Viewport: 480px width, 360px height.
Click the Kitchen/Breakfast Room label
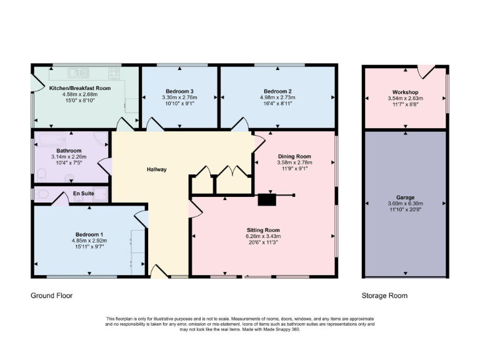point(80,89)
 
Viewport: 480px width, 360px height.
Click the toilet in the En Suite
point(41,194)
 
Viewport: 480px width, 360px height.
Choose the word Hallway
point(156,169)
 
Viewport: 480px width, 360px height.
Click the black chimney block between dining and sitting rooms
point(267,200)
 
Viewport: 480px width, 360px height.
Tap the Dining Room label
point(294,156)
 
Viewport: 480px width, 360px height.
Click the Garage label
point(405,197)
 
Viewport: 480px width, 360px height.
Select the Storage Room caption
point(384,296)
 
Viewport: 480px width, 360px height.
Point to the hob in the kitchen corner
point(114,73)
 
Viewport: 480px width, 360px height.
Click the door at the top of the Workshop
point(426,71)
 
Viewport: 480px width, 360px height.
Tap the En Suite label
point(84,194)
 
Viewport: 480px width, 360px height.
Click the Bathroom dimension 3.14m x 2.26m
point(69,157)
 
